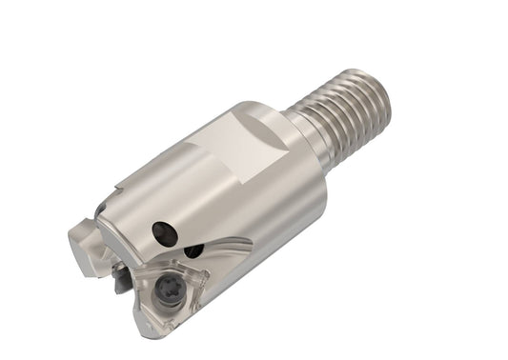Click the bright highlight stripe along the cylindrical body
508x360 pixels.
[191, 190]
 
